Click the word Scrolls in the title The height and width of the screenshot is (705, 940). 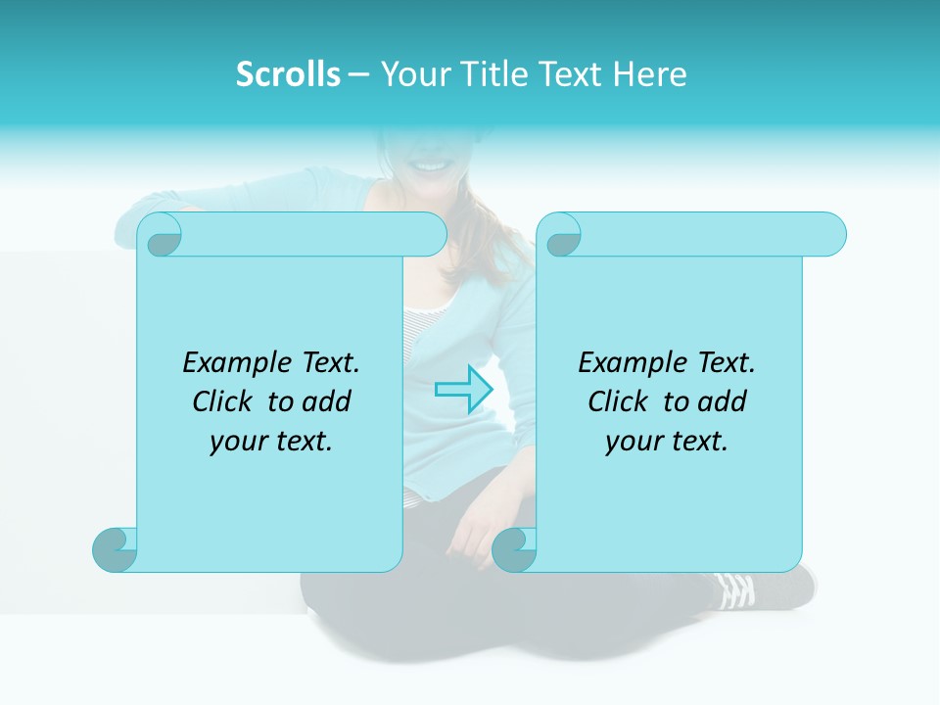[x=288, y=74]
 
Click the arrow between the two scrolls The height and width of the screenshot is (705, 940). [x=463, y=389]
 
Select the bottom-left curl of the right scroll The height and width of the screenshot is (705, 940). [x=515, y=549]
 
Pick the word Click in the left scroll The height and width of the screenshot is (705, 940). [x=223, y=402]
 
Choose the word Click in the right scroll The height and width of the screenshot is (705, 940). [x=619, y=402]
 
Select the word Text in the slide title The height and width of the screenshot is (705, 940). [x=570, y=74]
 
